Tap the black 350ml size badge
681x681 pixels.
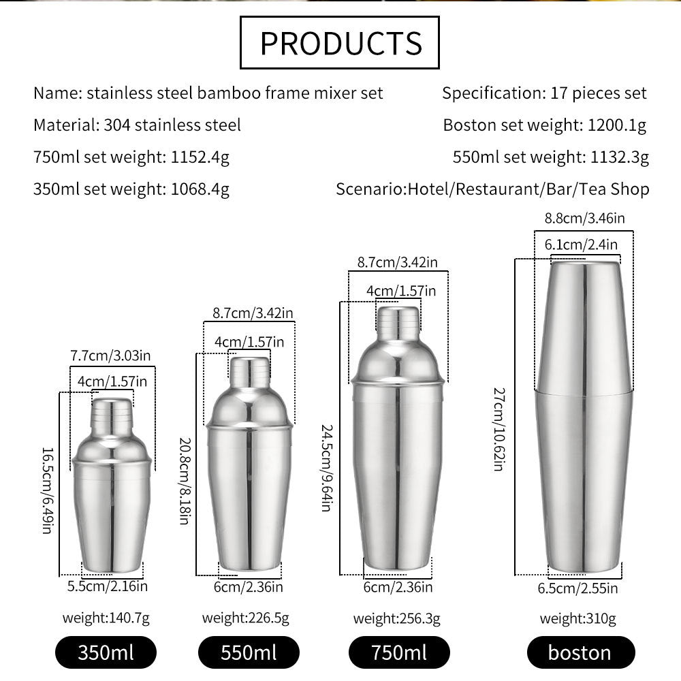(x=106, y=652)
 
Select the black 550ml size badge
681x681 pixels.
(x=249, y=652)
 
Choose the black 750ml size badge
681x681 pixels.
(x=399, y=652)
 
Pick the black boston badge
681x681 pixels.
(x=581, y=652)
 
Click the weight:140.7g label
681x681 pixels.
(x=106, y=618)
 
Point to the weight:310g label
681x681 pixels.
(x=577, y=618)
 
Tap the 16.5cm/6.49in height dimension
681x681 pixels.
(x=48, y=490)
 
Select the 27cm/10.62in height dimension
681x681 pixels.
(x=499, y=429)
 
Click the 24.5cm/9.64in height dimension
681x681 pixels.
(x=328, y=468)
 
